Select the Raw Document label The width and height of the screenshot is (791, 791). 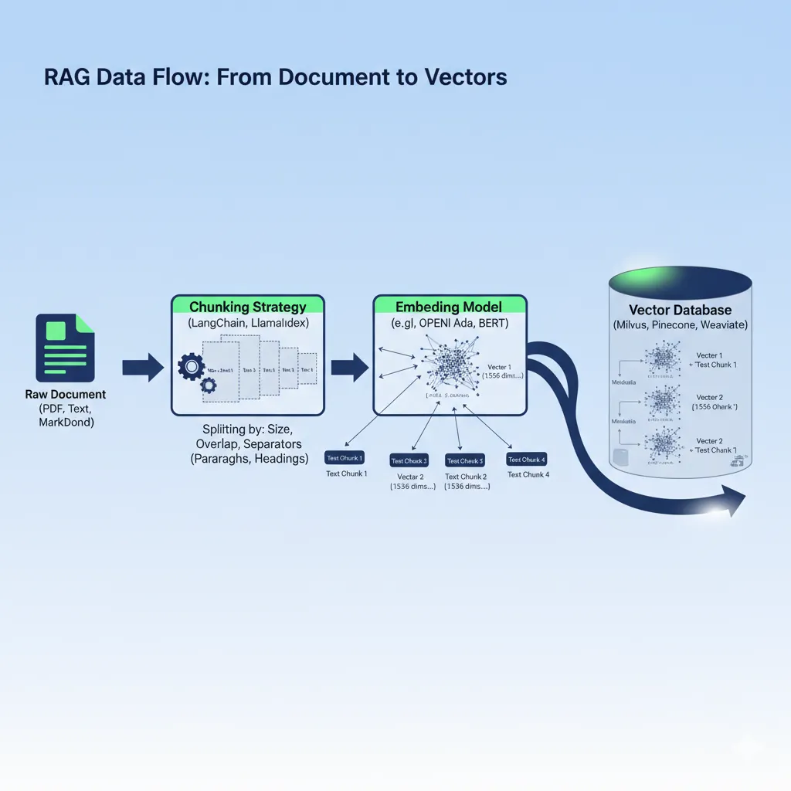tap(65, 395)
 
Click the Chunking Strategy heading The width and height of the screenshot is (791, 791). tap(247, 307)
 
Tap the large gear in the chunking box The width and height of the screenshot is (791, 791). tap(189, 366)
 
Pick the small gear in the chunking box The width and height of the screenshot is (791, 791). tap(208, 385)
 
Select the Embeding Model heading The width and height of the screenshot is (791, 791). tap(449, 307)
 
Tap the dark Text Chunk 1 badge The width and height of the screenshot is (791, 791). tap(345, 458)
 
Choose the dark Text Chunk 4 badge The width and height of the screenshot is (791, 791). tap(527, 459)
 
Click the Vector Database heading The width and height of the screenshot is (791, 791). tap(680, 310)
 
